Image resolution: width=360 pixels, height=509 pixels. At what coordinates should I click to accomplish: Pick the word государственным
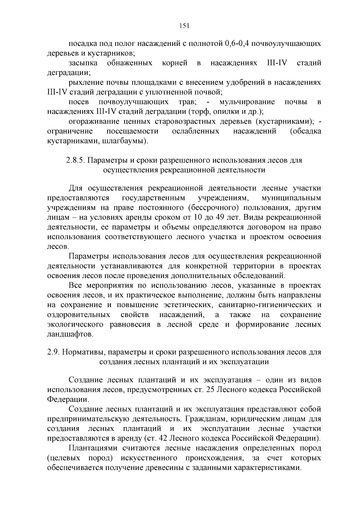[154, 198]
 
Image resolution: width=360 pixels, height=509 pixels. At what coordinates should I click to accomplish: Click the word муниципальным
[291, 198]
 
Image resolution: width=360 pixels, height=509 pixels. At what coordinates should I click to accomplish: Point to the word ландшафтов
[70, 334]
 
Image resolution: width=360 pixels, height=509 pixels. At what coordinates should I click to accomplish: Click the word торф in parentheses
[196, 112]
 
